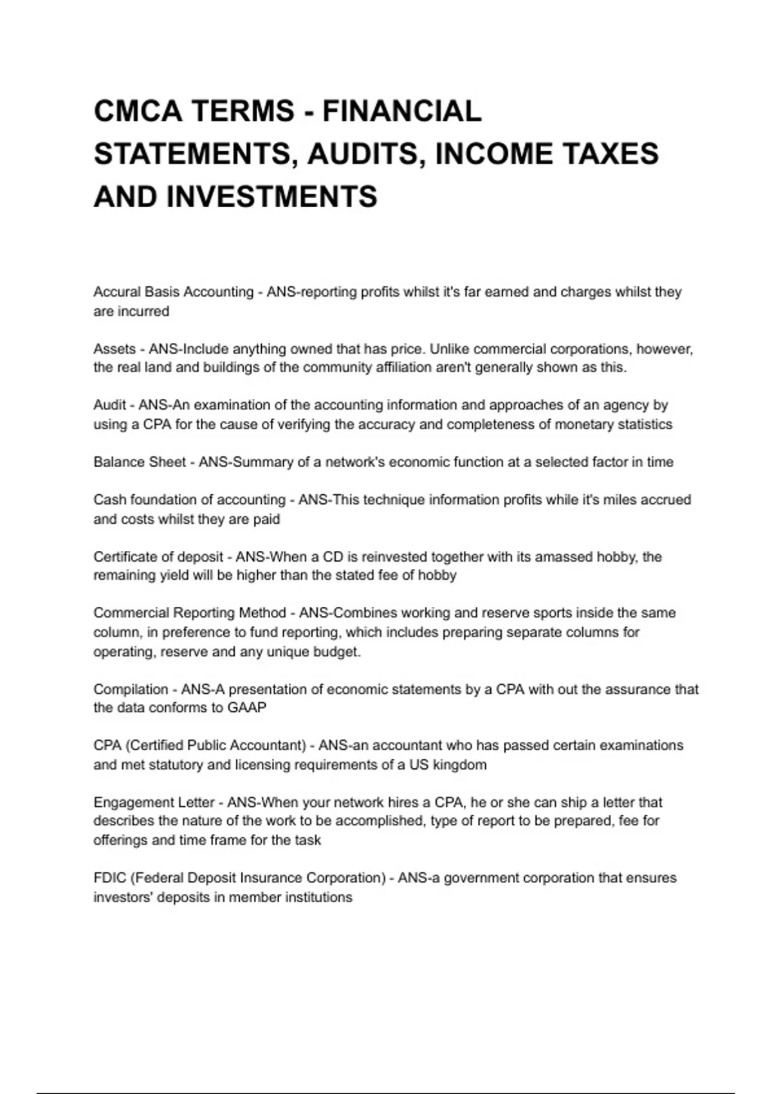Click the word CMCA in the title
pos(138,111)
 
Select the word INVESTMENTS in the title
pos(272,196)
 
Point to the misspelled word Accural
pos(116,292)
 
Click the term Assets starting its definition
pos(115,349)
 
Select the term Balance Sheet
pos(140,462)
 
